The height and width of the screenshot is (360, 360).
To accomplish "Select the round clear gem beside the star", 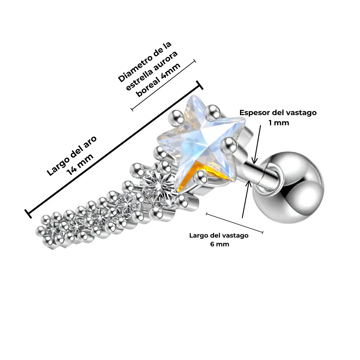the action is pos(160,186).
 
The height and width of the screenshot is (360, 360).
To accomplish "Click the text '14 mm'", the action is pos(79,164).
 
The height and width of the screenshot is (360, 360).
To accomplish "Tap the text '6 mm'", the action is pos(219,244).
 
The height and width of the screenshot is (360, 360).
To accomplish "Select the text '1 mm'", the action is pos(279,123).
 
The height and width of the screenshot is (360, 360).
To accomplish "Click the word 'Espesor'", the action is pos(254,113).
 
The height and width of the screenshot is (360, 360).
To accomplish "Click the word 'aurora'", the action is pos(165,60).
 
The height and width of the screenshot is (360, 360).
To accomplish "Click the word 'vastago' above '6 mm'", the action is pos(237,235).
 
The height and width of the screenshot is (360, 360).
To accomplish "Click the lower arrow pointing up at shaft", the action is pos(246,199).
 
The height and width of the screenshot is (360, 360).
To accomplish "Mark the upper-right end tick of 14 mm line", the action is pos(199,85).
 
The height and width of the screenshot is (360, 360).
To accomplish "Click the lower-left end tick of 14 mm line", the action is pos(28,214).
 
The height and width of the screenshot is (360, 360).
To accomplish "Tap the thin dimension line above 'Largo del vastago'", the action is pos(234,223).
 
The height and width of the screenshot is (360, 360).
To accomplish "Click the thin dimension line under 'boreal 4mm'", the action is pos(163,85).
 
